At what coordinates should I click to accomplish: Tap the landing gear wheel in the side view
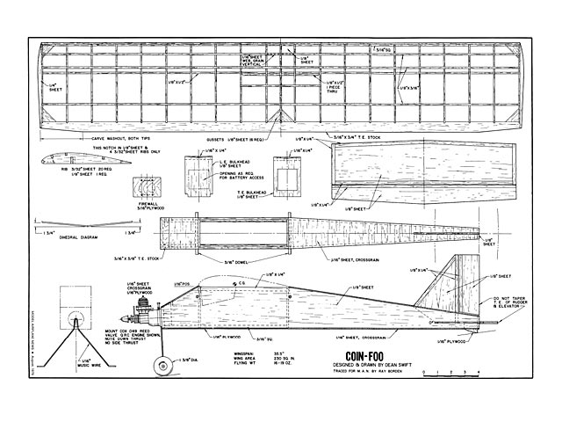coord(163,363)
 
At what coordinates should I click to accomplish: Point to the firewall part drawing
coord(144,191)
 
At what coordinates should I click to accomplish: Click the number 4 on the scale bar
coord(478,375)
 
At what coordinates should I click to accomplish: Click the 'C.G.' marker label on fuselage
coord(240,282)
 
